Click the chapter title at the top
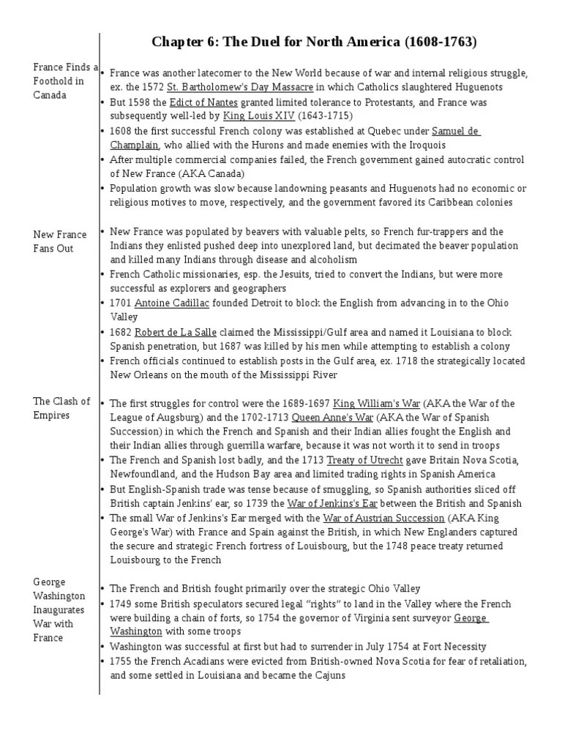[314, 42]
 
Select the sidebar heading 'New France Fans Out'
[60, 241]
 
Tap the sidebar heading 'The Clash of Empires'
[61, 408]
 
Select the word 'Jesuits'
[284, 275]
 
